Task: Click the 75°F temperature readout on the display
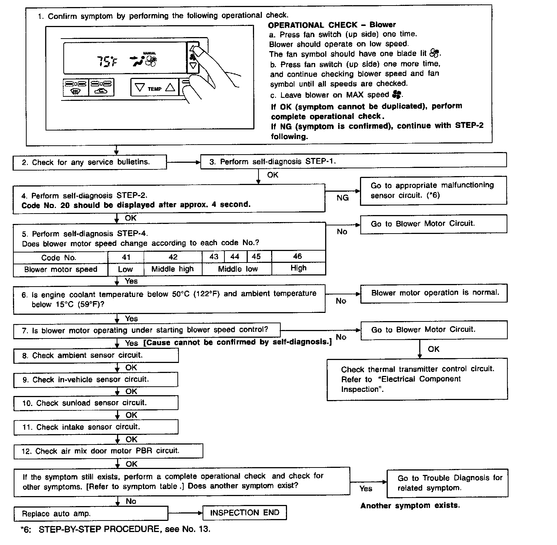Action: pyautogui.click(x=107, y=62)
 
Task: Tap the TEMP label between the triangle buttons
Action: pyautogui.click(x=154, y=89)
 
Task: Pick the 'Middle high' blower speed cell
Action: pyautogui.click(x=173, y=269)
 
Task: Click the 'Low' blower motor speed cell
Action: pyautogui.click(x=126, y=270)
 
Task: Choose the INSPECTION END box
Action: pyautogui.click(x=244, y=513)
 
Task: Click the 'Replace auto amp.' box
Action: pyautogui.click(x=91, y=513)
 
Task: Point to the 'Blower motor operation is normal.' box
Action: pyautogui.click(x=434, y=293)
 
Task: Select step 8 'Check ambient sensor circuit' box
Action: pyautogui.click(x=96, y=356)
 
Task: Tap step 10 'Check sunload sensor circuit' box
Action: pyautogui.click(x=96, y=403)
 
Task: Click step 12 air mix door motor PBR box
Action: pyautogui.click(x=108, y=451)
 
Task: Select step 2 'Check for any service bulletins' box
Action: pyautogui.click(x=90, y=162)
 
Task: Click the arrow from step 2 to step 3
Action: pyautogui.click(x=183, y=162)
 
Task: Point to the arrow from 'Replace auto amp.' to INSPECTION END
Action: pyautogui.click(x=185, y=513)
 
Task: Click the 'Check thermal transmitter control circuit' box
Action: pyautogui.click(x=417, y=379)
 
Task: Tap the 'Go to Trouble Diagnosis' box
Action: pyautogui.click(x=447, y=483)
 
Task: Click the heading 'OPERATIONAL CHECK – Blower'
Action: pyautogui.click(x=331, y=25)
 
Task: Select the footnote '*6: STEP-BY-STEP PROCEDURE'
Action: pyautogui.click(x=115, y=529)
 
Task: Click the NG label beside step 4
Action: pyautogui.click(x=342, y=198)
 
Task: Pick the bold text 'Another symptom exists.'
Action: pyautogui.click(x=410, y=505)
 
